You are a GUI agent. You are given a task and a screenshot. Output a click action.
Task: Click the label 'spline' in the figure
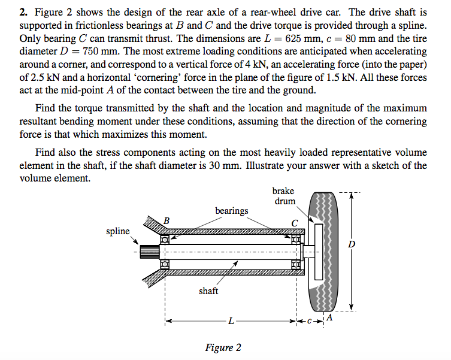pyautogui.click(x=118, y=231)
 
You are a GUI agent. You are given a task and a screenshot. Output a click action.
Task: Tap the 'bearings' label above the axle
pyautogui.click(x=232, y=210)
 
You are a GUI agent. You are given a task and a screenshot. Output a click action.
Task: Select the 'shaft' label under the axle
pyautogui.click(x=208, y=291)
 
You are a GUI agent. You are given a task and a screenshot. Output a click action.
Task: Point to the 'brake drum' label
pyautogui.click(x=284, y=196)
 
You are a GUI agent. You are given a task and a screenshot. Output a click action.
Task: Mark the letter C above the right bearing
pyautogui.click(x=294, y=223)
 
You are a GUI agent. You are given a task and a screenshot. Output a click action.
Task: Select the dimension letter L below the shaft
pyautogui.click(x=231, y=323)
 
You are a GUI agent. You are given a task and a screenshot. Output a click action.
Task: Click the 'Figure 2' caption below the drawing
pyautogui.click(x=223, y=347)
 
